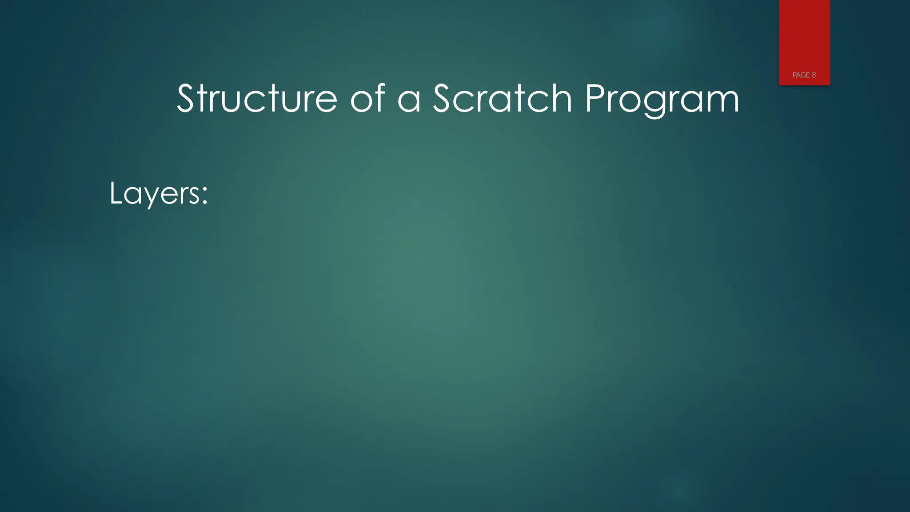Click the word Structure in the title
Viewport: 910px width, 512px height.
point(257,98)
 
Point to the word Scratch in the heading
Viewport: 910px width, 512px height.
point(503,98)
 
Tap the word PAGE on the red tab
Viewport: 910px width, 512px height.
point(801,75)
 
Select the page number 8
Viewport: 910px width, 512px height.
point(814,75)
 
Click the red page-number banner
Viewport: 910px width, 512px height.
point(804,40)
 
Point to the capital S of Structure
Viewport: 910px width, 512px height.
point(186,98)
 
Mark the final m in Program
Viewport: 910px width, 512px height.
point(722,101)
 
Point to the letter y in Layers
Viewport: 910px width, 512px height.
point(150,198)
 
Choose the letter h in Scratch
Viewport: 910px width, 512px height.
point(561,98)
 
